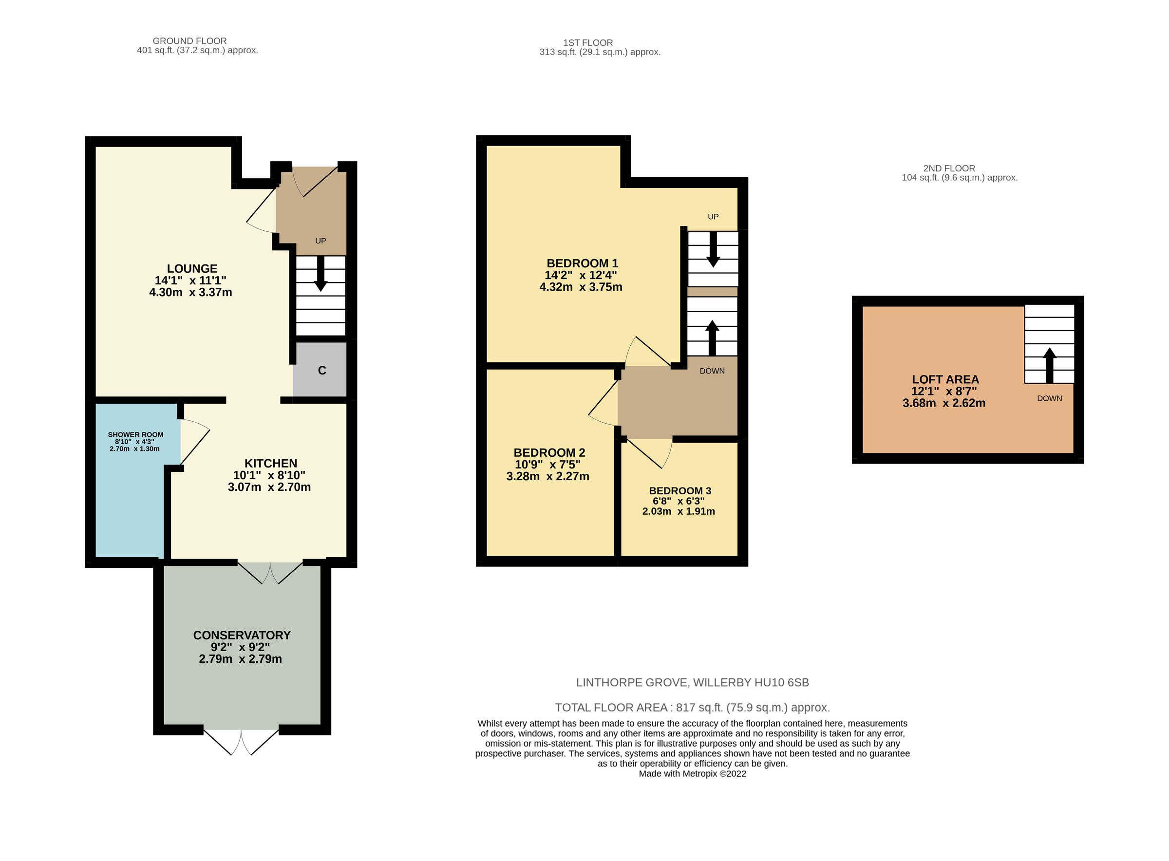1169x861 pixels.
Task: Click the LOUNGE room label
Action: (x=192, y=269)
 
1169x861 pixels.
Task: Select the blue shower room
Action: (x=130, y=500)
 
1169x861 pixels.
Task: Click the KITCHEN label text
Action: (x=270, y=463)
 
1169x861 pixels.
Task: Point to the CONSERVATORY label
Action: (x=241, y=636)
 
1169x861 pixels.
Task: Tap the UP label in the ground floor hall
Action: (x=320, y=241)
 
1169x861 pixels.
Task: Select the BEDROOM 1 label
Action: (x=582, y=263)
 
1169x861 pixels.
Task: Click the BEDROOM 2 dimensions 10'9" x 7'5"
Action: (x=547, y=465)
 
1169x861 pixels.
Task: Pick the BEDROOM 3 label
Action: (x=679, y=490)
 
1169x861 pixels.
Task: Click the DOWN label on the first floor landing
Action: (x=712, y=371)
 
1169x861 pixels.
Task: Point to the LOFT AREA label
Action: (x=945, y=379)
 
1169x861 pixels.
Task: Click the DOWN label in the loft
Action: (x=1049, y=398)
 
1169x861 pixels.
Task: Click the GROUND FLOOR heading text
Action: (x=189, y=40)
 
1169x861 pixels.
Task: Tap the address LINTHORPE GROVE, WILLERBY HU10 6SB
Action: (x=692, y=682)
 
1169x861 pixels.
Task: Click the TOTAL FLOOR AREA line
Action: (x=692, y=708)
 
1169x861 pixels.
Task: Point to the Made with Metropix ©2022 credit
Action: (x=692, y=774)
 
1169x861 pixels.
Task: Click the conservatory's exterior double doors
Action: (x=241, y=742)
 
